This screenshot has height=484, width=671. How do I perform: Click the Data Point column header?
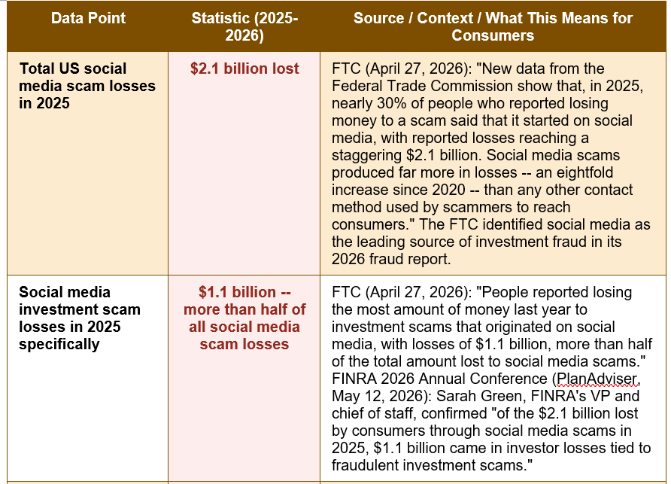coord(88,18)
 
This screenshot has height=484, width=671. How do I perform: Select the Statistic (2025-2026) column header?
coord(244,26)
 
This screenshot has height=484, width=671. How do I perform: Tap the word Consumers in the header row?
coord(493,35)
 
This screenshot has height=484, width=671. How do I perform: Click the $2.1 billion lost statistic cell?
coord(244,68)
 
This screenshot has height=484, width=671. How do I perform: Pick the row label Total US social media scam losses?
coord(87,86)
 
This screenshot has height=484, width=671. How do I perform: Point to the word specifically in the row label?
coord(59,344)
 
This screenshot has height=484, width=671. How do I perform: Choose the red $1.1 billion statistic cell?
coord(244,318)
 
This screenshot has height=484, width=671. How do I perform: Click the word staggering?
coord(367,156)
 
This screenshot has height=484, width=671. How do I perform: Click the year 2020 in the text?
coord(448,190)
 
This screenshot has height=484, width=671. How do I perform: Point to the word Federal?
coord(356,86)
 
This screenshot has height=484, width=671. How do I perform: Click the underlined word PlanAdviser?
coord(597,379)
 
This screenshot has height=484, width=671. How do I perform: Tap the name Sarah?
coord(454,396)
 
